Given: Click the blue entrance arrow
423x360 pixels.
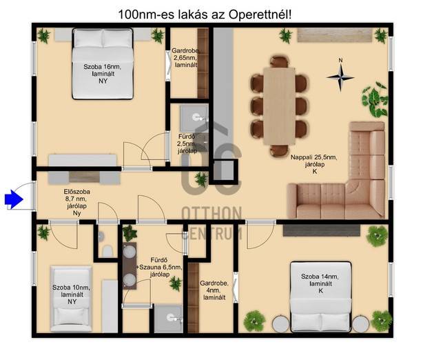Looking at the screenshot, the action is [x=14, y=199].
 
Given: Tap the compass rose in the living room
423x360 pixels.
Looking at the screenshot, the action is [x=340, y=77].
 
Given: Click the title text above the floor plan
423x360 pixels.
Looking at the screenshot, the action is [x=205, y=14].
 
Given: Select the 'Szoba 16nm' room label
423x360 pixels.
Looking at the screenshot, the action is [x=103, y=74].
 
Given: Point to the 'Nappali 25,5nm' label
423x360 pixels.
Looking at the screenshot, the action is [x=313, y=164].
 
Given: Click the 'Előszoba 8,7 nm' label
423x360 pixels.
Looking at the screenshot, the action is [x=77, y=203].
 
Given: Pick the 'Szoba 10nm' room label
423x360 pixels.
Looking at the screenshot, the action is [x=72, y=294].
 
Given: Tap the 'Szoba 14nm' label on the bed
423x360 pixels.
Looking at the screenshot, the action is [x=320, y=283].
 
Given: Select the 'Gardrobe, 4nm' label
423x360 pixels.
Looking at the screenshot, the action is [x=214, y=290].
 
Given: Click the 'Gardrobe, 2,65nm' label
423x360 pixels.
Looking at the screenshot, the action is [x=186, y=57].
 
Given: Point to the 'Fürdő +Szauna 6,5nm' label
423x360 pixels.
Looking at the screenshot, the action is [x=159, y=268].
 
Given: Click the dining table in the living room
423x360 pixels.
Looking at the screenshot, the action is [x=279, y=106].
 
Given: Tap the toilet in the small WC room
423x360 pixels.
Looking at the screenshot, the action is [x=107, y=251].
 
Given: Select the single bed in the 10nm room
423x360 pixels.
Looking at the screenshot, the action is [x=72, y=299].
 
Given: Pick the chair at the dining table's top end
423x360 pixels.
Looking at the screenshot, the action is [x=280, y=61].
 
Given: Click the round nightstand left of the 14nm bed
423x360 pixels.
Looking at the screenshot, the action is [x=280, y=323].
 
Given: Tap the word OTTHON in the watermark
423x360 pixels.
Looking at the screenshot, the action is [x=211, y=213].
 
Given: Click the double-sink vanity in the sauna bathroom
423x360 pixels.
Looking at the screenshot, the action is [x=130, y=266].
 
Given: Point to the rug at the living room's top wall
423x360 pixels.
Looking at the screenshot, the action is [x=335, y=35].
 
